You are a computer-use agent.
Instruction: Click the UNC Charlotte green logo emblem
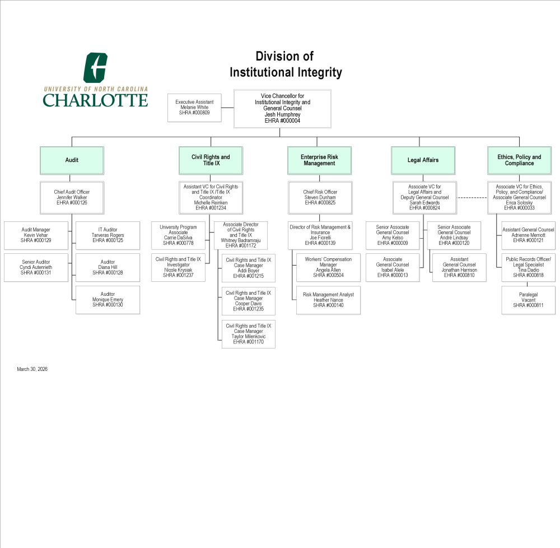point(95,68)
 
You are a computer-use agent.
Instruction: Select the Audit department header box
point(72,160)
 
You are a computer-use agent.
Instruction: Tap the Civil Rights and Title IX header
point(211,160)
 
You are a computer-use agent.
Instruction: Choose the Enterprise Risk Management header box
point(319,160)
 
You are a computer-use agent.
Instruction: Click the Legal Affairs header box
point(423,160)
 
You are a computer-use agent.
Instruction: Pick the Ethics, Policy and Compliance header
point(519,160)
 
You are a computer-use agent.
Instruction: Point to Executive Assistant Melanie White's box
point(194,108)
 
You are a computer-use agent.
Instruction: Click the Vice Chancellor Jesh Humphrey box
point(282,109)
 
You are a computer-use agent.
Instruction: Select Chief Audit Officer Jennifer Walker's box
point(72,197)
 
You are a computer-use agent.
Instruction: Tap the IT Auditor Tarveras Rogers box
point(108,235)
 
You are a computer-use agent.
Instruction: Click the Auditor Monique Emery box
point(108,300)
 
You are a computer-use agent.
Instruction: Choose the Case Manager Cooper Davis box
point(249,301)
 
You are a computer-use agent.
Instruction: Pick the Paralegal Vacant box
point(528,300)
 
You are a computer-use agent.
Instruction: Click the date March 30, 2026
point(32,369)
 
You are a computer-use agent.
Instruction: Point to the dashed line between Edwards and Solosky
point(472,198)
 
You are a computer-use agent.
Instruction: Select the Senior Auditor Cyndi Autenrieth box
point(36,267)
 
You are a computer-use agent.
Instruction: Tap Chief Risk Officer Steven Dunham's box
point(320,197)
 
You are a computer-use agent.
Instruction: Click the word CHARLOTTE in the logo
point(95,100)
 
